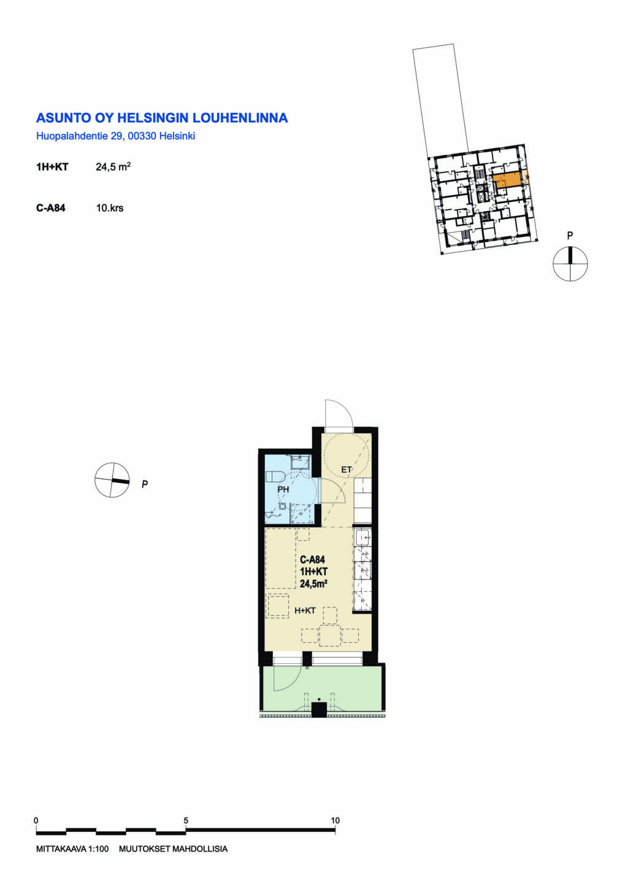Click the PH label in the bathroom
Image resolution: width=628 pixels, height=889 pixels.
click(x=283, y=489)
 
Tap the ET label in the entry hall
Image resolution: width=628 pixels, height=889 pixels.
click(x=346, y=470)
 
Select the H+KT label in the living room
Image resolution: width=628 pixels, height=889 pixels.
click(x=305, y=610)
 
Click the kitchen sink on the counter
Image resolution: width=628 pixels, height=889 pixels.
click(x=363, y=538)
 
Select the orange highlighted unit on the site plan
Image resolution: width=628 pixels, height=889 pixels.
click(x=507, y=181)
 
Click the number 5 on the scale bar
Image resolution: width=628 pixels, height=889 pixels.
click(x=186, y=820)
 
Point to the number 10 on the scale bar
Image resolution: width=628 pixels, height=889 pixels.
click(x=335, y=820)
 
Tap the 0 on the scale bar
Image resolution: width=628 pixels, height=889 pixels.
click(x=36, y=820)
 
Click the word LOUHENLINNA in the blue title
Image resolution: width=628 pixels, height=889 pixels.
click(x=240, y=118)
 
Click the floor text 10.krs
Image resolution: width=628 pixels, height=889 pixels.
click(x=110, y=208)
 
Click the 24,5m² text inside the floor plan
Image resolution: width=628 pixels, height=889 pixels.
click(x=313, y=584)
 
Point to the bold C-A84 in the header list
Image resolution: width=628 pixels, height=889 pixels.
click(x=51, y=208)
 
